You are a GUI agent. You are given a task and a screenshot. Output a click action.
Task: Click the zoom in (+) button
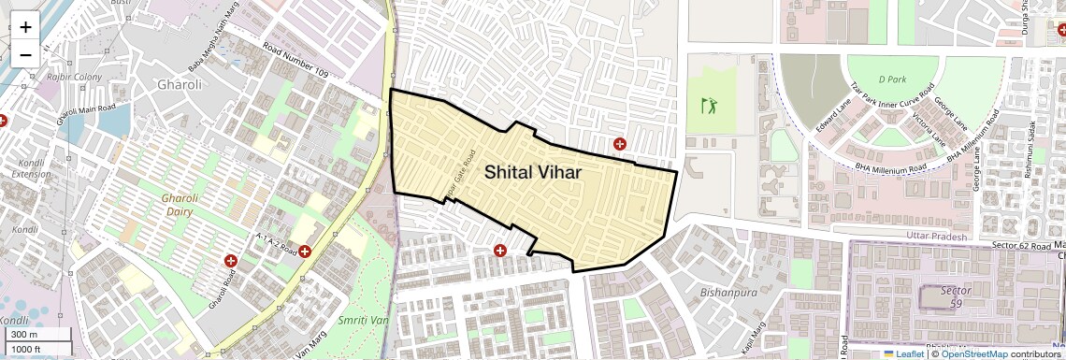tap(25, 27)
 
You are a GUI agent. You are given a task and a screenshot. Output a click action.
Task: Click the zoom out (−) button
tap(25, 54)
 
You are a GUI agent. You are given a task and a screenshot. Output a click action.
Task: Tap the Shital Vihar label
tap(532, 172)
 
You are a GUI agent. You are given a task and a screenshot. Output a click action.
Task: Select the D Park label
tap(893, 79)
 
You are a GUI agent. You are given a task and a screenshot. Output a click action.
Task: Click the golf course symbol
tap(710, 105)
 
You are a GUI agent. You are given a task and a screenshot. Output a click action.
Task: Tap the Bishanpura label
tap(727, 292)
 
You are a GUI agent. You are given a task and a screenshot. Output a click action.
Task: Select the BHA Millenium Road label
tap(889, 167)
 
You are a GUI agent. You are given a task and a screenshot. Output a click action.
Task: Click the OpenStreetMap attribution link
tap(973, 354)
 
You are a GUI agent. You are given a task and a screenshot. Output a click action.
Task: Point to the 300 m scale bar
tap(37, 335)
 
